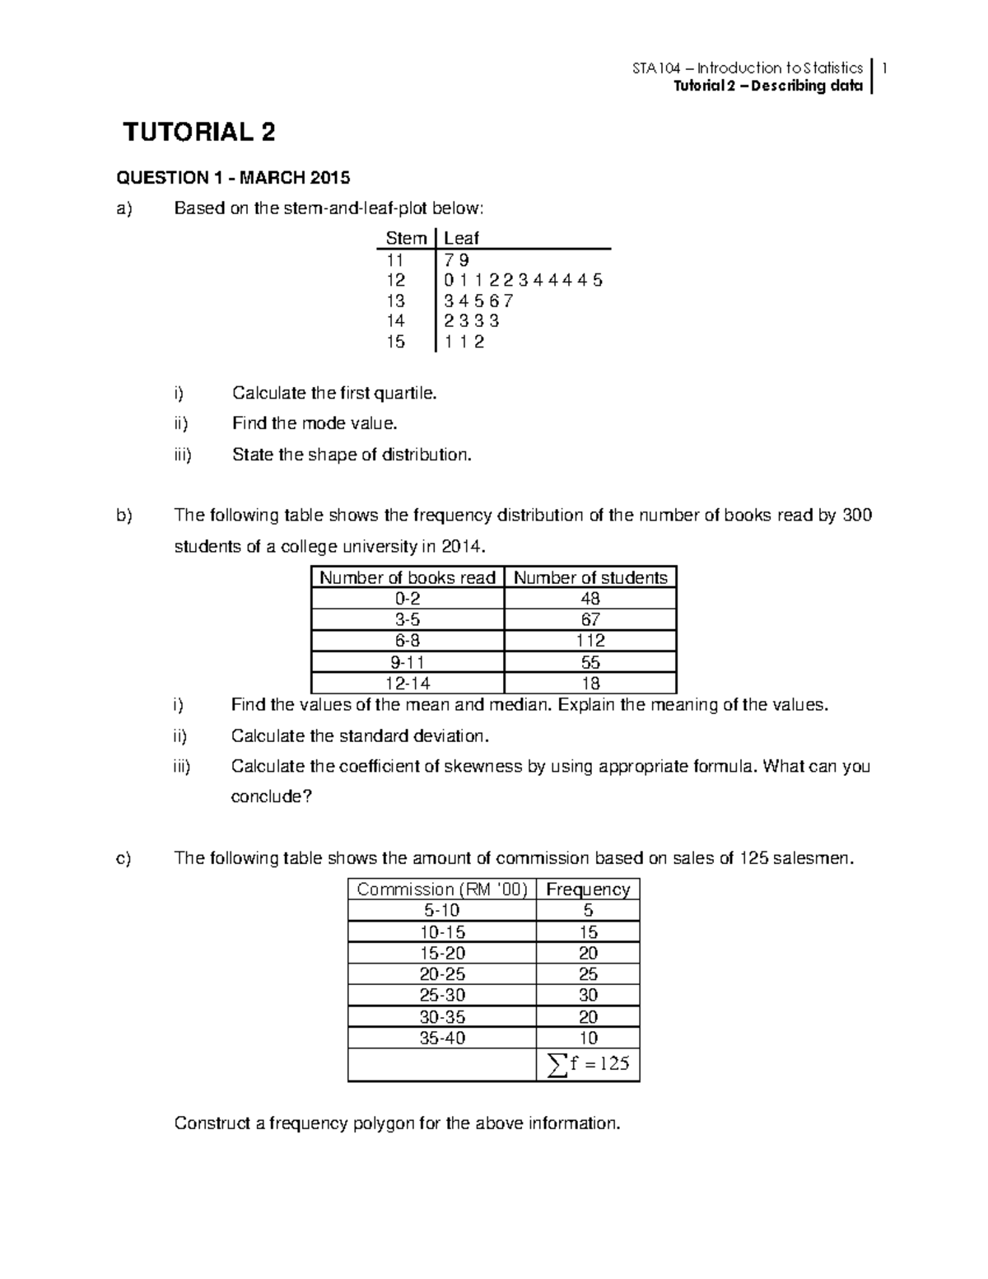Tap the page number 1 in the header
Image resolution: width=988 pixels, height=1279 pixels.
point(883,68)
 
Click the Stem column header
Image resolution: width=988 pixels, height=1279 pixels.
point(407,238)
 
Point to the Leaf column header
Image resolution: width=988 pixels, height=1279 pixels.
point(461,238)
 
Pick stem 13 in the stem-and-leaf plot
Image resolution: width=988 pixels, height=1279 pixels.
point(396,301)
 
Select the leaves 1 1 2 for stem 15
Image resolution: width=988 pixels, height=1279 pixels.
point(464,342)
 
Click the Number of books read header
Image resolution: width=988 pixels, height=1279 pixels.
point(408,577)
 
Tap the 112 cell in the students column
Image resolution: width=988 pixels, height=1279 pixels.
point(590,641)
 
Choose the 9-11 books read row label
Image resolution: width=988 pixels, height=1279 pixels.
point(408,662)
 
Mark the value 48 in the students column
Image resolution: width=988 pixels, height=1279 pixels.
point(590,599)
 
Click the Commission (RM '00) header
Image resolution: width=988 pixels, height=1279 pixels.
point(442,889)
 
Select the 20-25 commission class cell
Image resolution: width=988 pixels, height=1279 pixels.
point(442,973)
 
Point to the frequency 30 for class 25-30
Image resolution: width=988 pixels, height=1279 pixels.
point(588,995)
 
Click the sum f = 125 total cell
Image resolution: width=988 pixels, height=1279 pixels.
point(588,1064)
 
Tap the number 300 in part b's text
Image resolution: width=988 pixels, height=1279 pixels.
point(856,516)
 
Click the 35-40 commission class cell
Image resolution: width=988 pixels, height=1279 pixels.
point(442,1038)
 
